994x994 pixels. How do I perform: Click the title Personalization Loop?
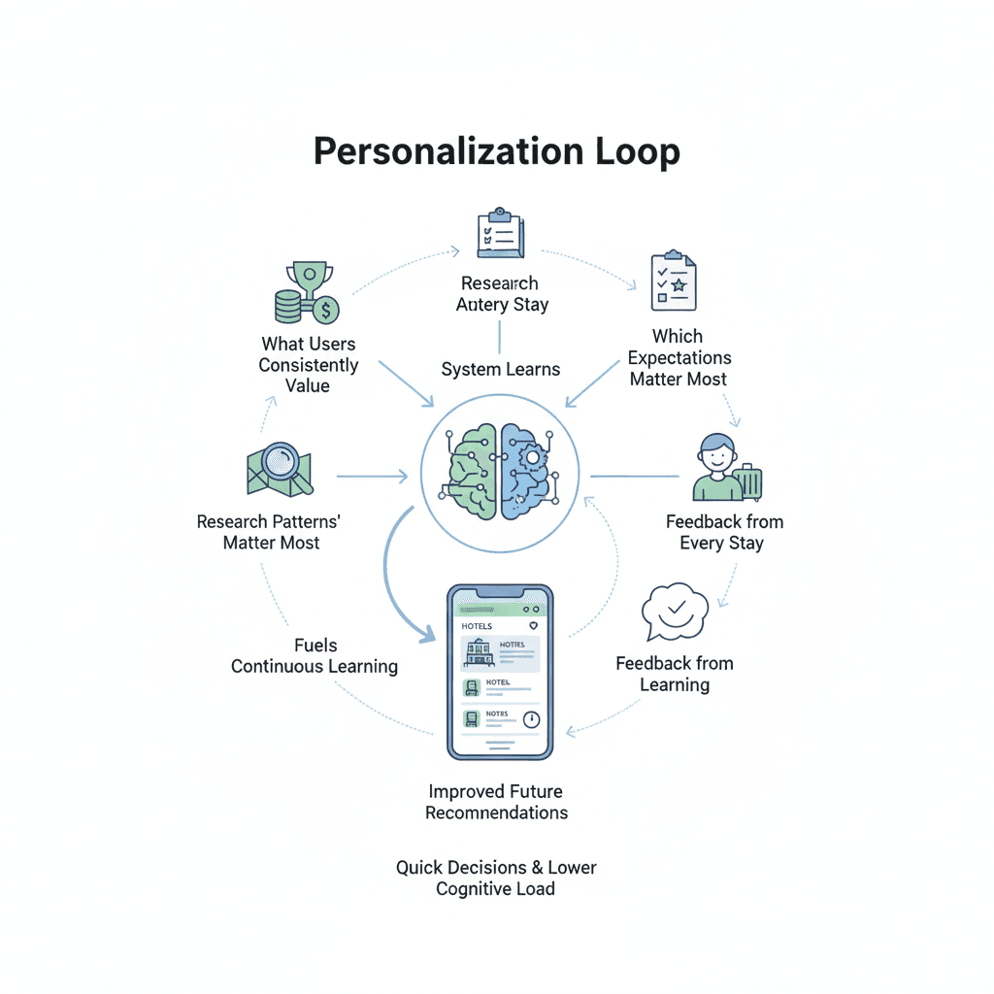[x=496, y=152]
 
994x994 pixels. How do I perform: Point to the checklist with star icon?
[x=674, y=282]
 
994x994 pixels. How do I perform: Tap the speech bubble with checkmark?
[x=676, y=613]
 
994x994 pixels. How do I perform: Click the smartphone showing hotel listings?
[x=499, y=671]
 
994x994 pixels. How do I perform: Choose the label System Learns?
[x=500, y=369]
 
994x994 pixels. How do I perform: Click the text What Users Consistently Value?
[x=308, y=364]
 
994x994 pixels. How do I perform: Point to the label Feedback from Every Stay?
[x=723, y=532]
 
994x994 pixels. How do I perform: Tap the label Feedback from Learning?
[x=675, y=674]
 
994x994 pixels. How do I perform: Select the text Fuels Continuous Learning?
[x=315, y=655]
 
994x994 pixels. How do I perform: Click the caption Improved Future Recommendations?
[x=496, y=802]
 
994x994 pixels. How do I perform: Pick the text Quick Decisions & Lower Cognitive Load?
[x=496, y=878]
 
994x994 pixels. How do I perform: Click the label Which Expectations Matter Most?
[x=678, y=357]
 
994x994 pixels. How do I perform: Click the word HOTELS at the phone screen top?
[x=477, y=626]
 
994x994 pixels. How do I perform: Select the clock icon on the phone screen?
[x=530, y=719]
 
